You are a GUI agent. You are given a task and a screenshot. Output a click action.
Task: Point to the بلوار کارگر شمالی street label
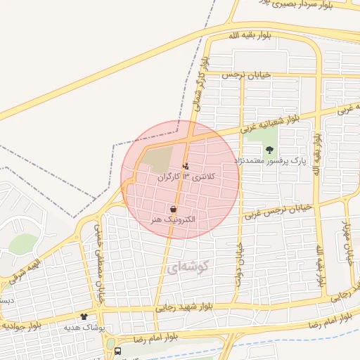point(200,84)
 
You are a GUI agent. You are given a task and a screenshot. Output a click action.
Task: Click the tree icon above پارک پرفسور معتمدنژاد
point(269,149)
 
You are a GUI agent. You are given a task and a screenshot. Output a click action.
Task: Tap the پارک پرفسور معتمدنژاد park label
point(270,161)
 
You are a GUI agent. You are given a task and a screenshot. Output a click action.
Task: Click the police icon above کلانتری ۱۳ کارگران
point(185,167)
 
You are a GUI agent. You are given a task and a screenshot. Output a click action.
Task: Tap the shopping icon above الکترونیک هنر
point(173,209)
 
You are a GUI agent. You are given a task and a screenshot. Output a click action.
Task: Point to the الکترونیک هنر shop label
point(173,220)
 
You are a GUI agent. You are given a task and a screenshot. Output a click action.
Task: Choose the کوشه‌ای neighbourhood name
point(190,267)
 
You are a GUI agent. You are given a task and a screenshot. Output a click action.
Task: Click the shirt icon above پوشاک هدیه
point(84,317)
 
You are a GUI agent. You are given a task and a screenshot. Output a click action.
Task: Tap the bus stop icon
point(117,350)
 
